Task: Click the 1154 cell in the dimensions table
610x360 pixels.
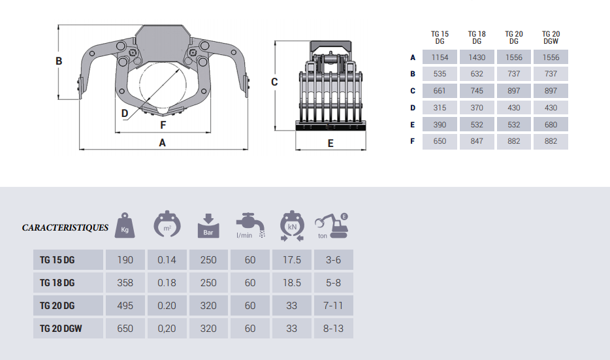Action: pos(440,57)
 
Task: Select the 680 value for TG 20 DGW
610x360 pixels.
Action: pos(551,125)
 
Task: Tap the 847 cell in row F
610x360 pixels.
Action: pos(477,141)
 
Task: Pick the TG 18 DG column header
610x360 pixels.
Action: pos(477,38)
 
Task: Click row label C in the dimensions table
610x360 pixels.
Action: pos(413,91)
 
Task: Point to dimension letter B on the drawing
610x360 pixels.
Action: pos(59,61)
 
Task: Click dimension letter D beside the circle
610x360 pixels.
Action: pos(125,113)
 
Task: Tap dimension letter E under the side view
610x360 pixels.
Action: pos(330,144)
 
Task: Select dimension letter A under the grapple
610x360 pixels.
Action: pos(162,143)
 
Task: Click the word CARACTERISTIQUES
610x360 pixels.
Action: pos(65,227)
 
